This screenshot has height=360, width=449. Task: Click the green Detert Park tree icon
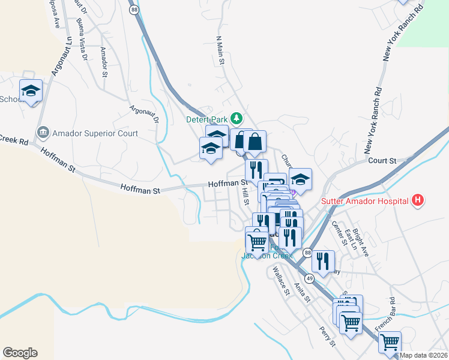tap(238, 117)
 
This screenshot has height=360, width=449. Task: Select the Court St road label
tap(382, 161)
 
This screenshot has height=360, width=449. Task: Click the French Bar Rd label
tap(385, 314)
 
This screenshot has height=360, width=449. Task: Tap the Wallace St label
tap(281, 281)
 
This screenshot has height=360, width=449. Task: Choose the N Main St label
tap(220, 50)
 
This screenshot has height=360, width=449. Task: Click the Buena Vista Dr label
tap(82, 40)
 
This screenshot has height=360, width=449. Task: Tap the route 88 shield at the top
tap(133, 10)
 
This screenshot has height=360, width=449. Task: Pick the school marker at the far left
tap(31, 91)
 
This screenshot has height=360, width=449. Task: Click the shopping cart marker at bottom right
tap(390, 342)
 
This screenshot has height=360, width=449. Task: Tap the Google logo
tap(20, 353)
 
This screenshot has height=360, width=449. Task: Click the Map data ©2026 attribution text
tap(423, 355)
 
